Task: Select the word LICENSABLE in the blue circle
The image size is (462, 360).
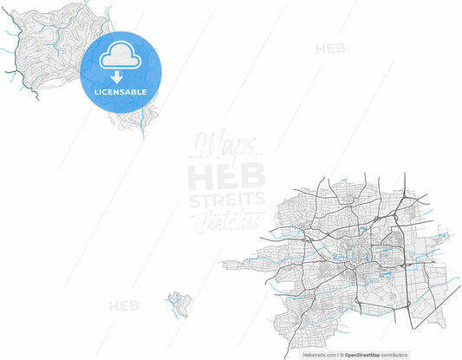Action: tap(120, 92)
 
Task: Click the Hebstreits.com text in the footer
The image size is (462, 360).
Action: tap(319, 355)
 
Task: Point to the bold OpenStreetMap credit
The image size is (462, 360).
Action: tap(364, 355)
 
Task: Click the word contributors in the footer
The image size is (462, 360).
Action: tap(395, 355)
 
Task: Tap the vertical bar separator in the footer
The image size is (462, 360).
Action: tap(340, 355)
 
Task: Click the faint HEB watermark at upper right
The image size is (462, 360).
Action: tap(330, 49)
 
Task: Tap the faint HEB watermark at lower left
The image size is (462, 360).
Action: tap(125, 305)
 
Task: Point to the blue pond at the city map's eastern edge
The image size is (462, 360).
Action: tap(444, 235)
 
